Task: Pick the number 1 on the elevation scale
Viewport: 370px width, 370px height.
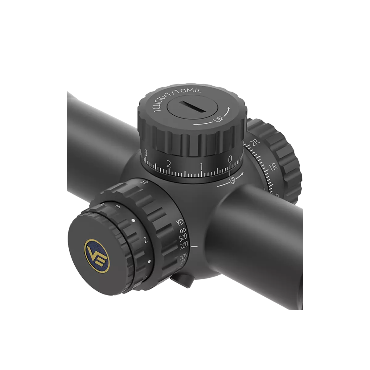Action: pos(201,166)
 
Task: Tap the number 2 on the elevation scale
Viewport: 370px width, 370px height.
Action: pos(169,163)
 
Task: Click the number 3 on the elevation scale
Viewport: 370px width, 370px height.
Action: pos(145,153)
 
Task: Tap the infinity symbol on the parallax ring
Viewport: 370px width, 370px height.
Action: pos(182,230)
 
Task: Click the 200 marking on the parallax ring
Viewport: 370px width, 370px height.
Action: pos(184,246)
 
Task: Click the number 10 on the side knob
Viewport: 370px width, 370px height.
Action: pos(144,182)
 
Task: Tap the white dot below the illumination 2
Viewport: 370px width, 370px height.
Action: pos(149,261)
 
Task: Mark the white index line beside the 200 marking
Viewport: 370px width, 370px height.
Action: pos(194,247)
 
